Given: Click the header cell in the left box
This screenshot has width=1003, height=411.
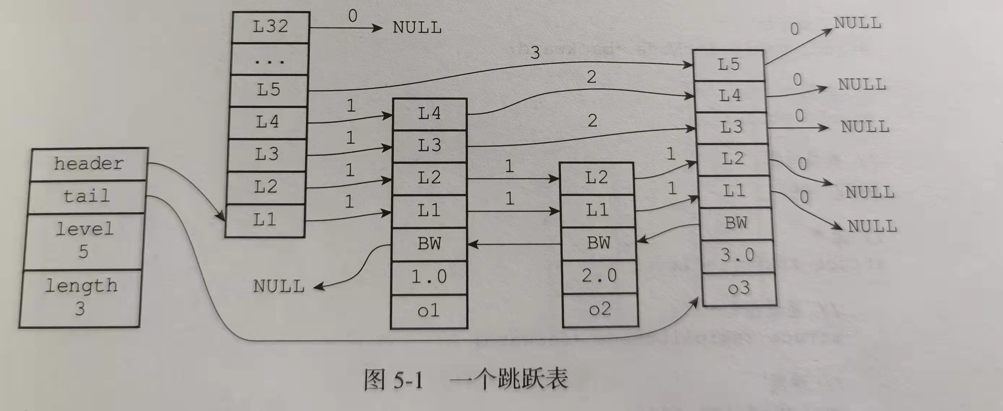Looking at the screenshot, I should (89, 164).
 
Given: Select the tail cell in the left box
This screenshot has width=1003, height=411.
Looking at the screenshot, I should (87, 196).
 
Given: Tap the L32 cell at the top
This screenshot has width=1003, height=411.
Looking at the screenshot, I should (270, 26).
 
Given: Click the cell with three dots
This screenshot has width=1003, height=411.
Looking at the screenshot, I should (270, 60).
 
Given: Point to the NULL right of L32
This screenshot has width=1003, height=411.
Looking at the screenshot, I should (417, 28).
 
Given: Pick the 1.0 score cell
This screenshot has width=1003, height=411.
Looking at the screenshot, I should (429, 277).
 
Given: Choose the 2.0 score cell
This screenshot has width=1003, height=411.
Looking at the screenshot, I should (599, 276).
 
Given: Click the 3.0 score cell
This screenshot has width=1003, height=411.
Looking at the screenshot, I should (737, 255).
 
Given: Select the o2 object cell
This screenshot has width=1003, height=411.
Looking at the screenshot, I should (600, 310).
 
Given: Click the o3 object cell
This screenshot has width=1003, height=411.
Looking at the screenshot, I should (739, 288).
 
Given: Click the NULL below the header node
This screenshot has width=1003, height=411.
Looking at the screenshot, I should (279, 287).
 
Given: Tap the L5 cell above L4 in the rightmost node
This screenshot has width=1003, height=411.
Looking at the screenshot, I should (728, 65).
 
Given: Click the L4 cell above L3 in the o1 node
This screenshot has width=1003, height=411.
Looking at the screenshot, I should (429, 114).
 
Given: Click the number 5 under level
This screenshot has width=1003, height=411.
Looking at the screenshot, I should (83, 252).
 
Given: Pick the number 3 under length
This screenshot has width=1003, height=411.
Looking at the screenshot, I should (80, 309).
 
